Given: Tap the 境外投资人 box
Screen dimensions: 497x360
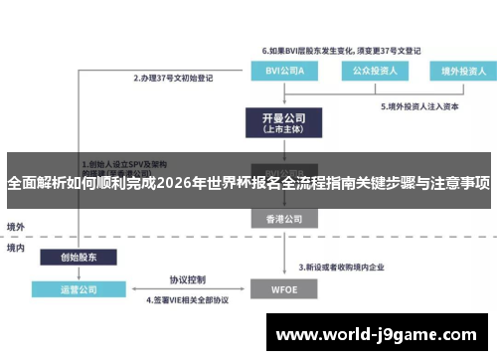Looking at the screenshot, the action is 450,71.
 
